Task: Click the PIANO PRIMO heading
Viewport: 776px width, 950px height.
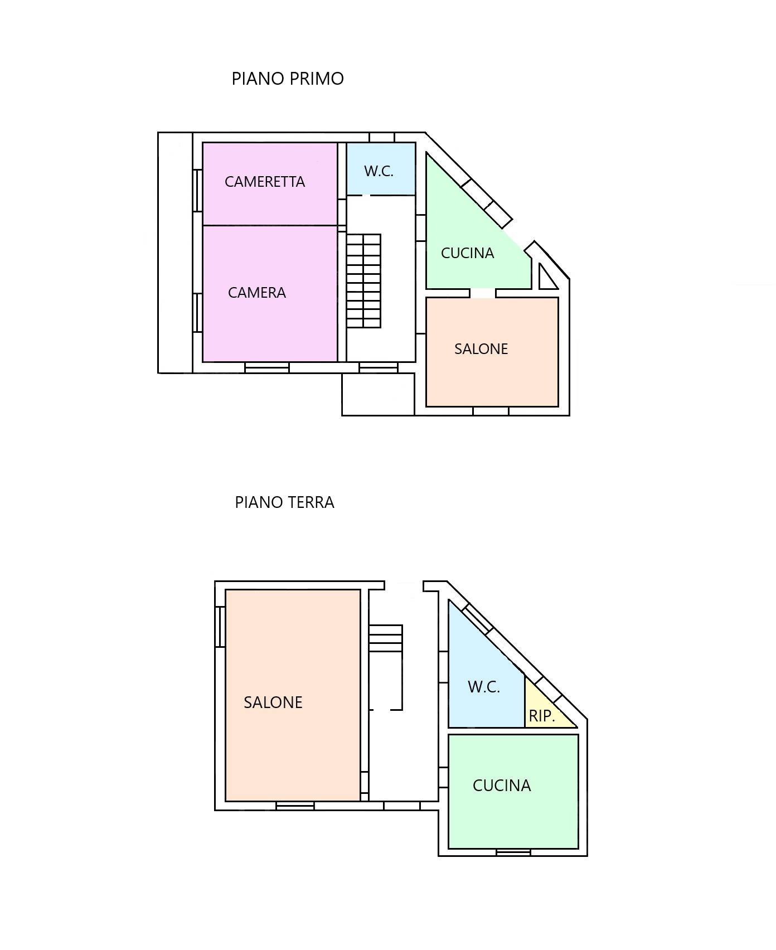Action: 288,79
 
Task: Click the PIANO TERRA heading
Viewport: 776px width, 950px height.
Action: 284,502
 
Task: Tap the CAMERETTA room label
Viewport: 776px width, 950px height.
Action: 265,182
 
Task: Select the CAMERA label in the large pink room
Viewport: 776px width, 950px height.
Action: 257,293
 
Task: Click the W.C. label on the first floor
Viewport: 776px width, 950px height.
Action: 379,171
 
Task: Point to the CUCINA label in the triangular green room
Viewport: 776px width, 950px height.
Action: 468,253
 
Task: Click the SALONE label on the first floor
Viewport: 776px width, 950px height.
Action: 481,349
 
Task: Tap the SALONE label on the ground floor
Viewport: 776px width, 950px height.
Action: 273,702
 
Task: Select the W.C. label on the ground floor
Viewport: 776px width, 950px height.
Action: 484,687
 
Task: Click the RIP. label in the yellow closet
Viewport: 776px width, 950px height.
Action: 542,716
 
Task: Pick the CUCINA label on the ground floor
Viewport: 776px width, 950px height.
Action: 502,786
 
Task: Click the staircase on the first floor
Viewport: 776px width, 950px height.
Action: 364,281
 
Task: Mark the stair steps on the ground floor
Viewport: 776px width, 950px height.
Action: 386,638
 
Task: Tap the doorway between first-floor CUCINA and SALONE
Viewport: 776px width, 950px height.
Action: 483,293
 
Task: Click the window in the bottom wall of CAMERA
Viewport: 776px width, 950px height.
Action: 267,367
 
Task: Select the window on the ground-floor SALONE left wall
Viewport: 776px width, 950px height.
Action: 220,627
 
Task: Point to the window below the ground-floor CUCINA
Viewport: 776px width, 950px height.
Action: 513,852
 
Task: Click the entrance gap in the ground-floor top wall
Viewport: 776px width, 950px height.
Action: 404,585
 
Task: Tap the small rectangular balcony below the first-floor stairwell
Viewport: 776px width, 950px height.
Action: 378,394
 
